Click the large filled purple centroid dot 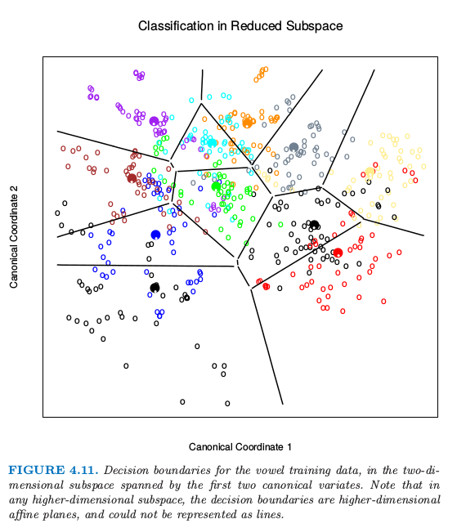tap(154, 121)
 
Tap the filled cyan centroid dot tap(212, 143)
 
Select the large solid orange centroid tap(248, 123)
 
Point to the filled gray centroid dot tap(293, 147)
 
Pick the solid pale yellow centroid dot tap(370, 172)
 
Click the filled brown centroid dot tap(132, 178)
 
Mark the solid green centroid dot tap(216, 186)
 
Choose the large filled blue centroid tap(155, 235)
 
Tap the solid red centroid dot tap(338, 253)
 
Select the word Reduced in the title tap(256, 26)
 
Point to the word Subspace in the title tap(315, 26)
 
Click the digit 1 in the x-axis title tap(289, 447)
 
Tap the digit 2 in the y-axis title tap(13, 190)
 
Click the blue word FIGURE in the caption tap(37, 470)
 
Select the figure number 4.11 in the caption tap(84, 470)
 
